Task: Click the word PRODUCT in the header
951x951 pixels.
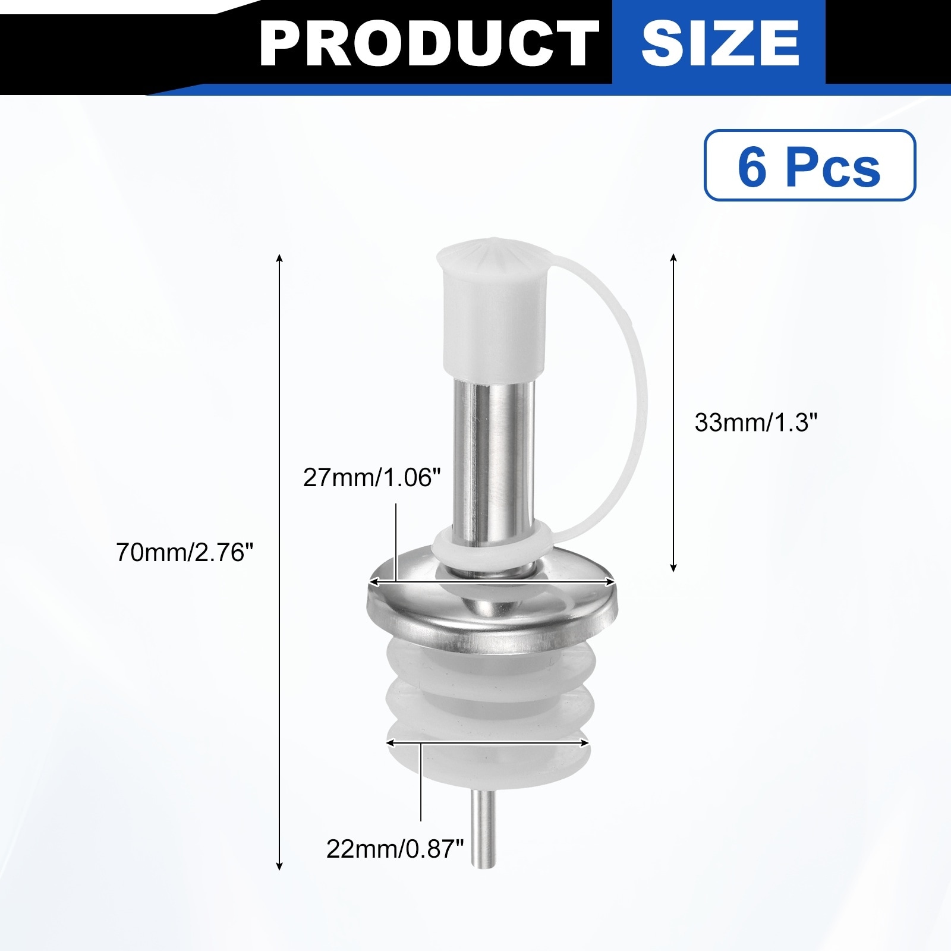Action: (x=429, y=43)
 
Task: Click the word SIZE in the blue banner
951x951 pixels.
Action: (x=720, y=43)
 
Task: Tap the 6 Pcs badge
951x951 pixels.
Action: (x=810, y=165)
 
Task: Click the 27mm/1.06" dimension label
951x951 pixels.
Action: (x=372, y=477)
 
